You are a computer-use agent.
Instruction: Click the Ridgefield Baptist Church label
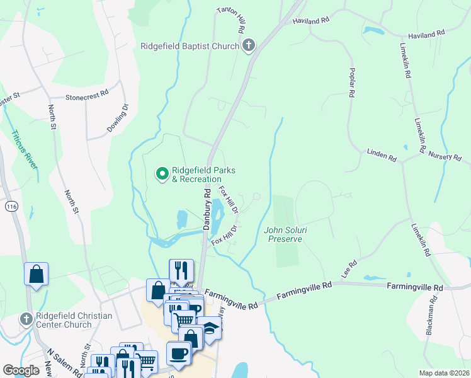tap(190, 46)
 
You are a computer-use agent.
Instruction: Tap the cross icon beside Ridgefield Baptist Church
tap(249, 45)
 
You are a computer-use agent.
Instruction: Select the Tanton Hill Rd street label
tap(230, 21)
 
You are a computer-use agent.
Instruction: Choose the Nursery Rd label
tap(445, 155)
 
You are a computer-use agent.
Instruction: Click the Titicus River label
tap(23, 150)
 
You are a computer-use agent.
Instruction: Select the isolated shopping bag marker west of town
tap(36, 275)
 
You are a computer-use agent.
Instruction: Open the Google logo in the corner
tap(21, 370)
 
